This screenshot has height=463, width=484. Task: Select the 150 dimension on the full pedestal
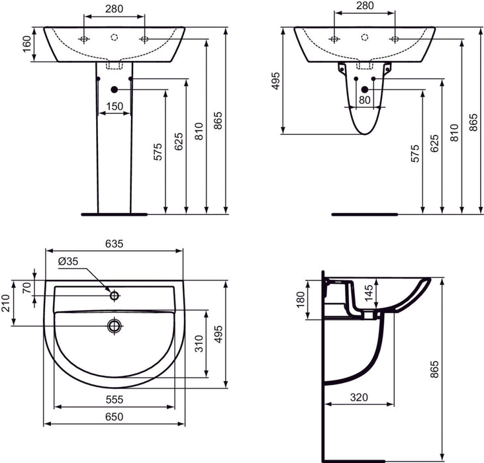115,106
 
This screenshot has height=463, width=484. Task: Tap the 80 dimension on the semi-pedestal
365,101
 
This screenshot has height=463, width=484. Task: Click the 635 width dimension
114,243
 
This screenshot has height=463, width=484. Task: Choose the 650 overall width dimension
114,417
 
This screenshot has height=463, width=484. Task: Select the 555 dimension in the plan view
114,400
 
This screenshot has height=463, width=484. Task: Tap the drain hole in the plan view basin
115,325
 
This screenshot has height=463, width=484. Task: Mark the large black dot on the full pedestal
115,89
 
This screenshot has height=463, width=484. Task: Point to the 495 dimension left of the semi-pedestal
276,81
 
